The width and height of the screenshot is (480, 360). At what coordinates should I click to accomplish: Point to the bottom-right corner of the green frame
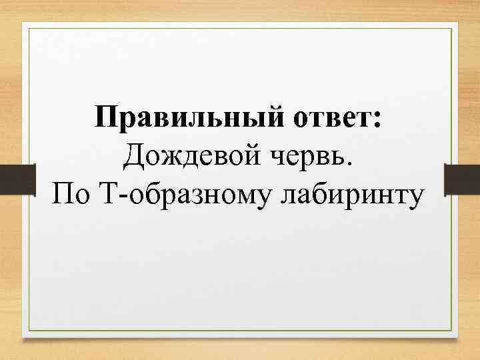click(x=458, y=331)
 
